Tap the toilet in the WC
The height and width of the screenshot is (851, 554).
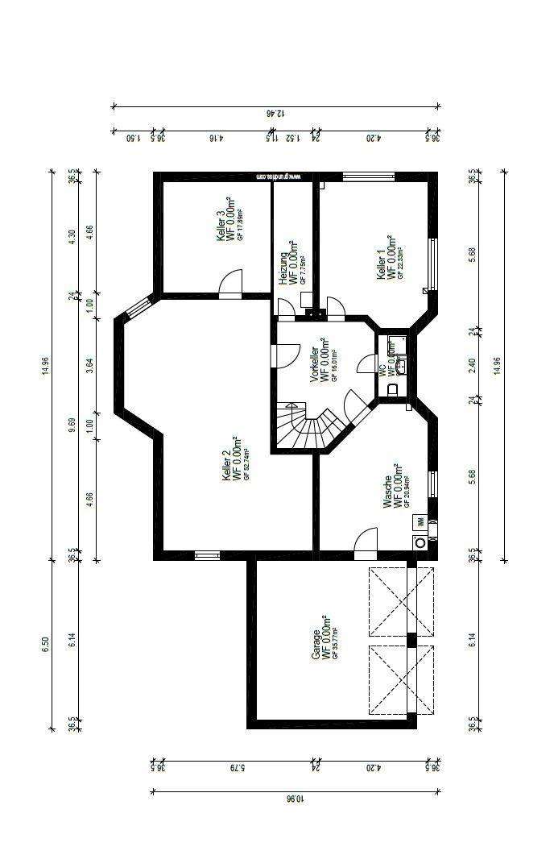point(393,390)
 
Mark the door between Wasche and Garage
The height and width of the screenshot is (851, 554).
point(366,542)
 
